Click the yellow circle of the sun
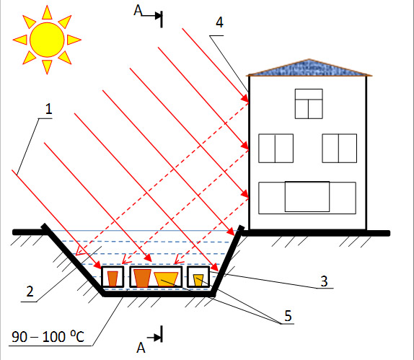[x=47, y=40]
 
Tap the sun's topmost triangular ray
[x=47, y=13]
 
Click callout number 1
[x=48, y=109]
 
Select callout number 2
[x=30, y=291]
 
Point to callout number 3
[x=324, y=281]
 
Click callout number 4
[x=219, y=22]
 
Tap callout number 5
[x=288, y=315]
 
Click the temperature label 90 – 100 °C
[x=48, y=337]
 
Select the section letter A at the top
[x=138, y=11]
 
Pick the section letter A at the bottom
[x=141, y=348]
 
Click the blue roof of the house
[x=309, y=68]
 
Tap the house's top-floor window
[x=309, y=104]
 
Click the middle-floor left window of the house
[x=276, y=148]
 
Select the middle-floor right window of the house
[x=339, y=148]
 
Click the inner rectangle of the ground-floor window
[x=307, y=196]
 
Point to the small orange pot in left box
[x=113, y=278]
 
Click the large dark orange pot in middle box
[x=142, y=278]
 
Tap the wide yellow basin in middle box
[x=166, y=279]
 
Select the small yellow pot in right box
[x=198, y=280]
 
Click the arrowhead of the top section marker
[x=159, y=16]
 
